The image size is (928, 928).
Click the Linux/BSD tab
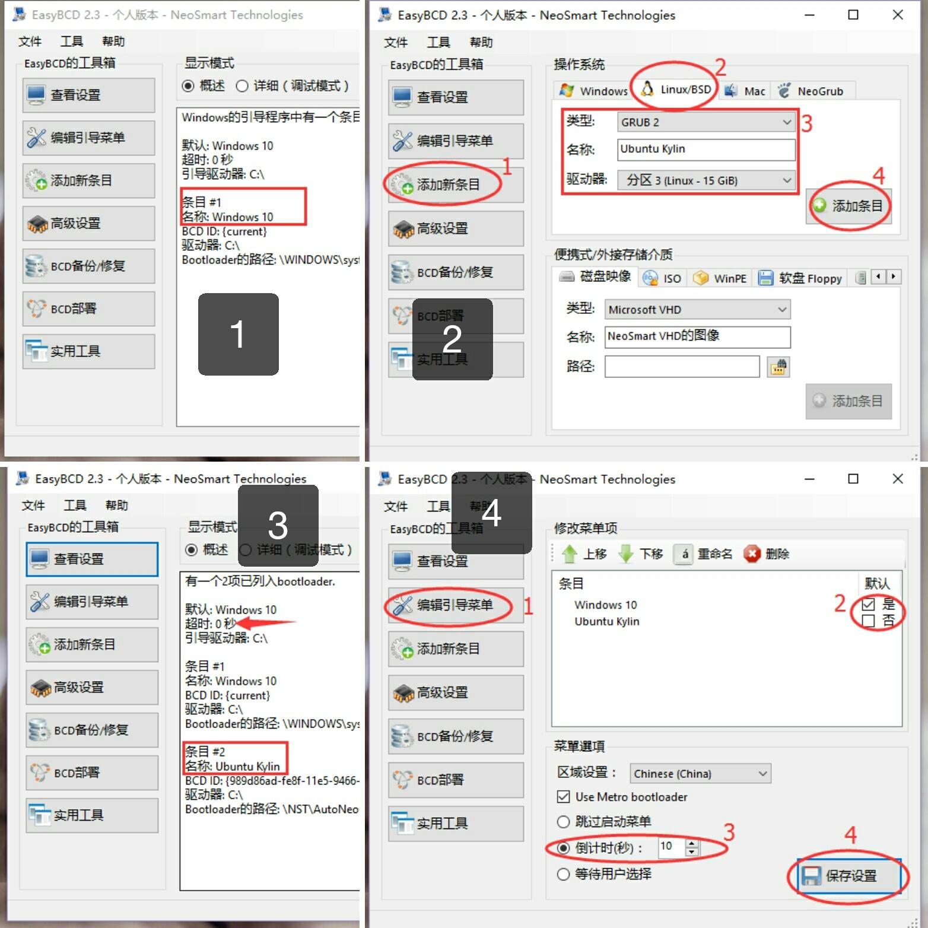pos(676,90)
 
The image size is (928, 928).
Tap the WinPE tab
pos(722,278)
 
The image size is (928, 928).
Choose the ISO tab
pos(663,278)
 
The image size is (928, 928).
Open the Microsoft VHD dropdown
pos(697,310)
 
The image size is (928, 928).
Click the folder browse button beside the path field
pos(778,367)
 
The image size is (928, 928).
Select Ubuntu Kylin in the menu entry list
pos(606,621)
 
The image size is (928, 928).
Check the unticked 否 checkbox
pos(869,621)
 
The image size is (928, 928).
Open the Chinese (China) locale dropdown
pos(700,774)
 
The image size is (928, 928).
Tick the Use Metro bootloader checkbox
pos(564,797)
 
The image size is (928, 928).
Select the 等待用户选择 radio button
pos(564,874)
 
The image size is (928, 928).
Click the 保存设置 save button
pos(849,876)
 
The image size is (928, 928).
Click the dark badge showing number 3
pos(278,526)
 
